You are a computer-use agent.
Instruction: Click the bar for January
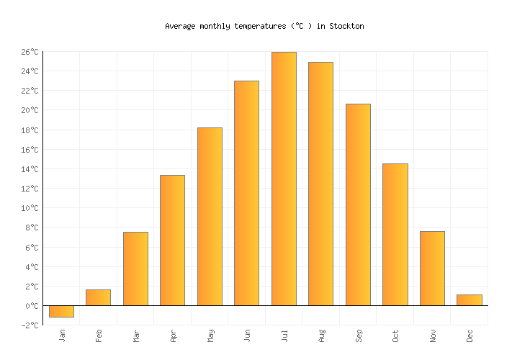61,311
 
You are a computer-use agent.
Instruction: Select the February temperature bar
98,297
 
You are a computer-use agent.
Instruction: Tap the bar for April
172,240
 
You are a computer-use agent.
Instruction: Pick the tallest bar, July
284,179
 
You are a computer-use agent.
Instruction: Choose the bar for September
358,204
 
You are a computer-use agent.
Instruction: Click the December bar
469,300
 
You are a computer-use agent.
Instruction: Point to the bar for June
246,193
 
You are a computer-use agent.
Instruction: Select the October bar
395,235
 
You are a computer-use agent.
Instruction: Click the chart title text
264,26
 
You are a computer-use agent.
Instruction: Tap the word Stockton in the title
346,26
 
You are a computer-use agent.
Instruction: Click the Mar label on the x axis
136,336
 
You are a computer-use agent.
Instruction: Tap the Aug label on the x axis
321,336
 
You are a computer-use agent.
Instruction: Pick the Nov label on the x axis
433,336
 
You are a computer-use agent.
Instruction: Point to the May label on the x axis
210,336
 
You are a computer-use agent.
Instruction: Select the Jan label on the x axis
62,336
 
